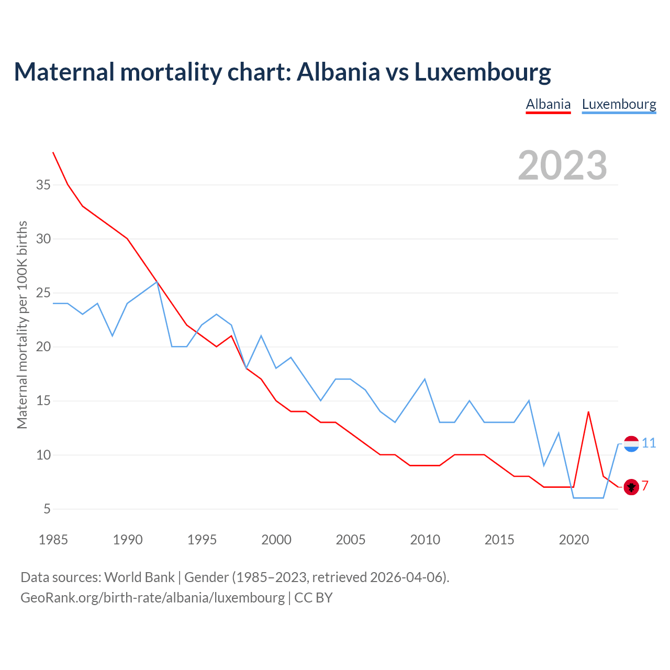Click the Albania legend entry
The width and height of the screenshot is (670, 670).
coord(548,104)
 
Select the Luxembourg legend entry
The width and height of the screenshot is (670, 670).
coord(619,104)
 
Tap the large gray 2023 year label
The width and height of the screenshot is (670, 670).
coord(562,165)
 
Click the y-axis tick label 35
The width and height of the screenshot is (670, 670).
coord(43,185)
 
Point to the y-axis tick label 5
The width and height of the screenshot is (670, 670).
coord(47,509)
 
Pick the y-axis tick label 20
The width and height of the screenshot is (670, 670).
coord(43,347)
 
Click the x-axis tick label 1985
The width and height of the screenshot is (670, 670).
coord(53,540)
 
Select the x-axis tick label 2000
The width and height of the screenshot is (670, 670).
coord(276,540)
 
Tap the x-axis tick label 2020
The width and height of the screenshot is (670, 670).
coord(574,540)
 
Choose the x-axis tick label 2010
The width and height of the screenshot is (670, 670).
coord(425,540)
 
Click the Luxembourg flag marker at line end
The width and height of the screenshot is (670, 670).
coord(631,444)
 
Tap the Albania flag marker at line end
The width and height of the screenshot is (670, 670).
coord(631,487)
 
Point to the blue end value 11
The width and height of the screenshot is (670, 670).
coord(649,443)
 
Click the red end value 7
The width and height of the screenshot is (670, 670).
coord(645,486)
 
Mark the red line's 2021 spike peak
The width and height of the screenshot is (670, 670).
coord(588,412)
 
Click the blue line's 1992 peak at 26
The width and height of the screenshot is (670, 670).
coord(157,282)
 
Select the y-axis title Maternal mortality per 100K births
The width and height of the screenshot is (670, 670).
coord(22,325)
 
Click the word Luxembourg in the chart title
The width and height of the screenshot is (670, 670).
coord(482,72)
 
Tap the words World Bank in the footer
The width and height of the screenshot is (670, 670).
coord(139,577)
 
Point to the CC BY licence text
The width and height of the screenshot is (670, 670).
coord(313,598)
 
